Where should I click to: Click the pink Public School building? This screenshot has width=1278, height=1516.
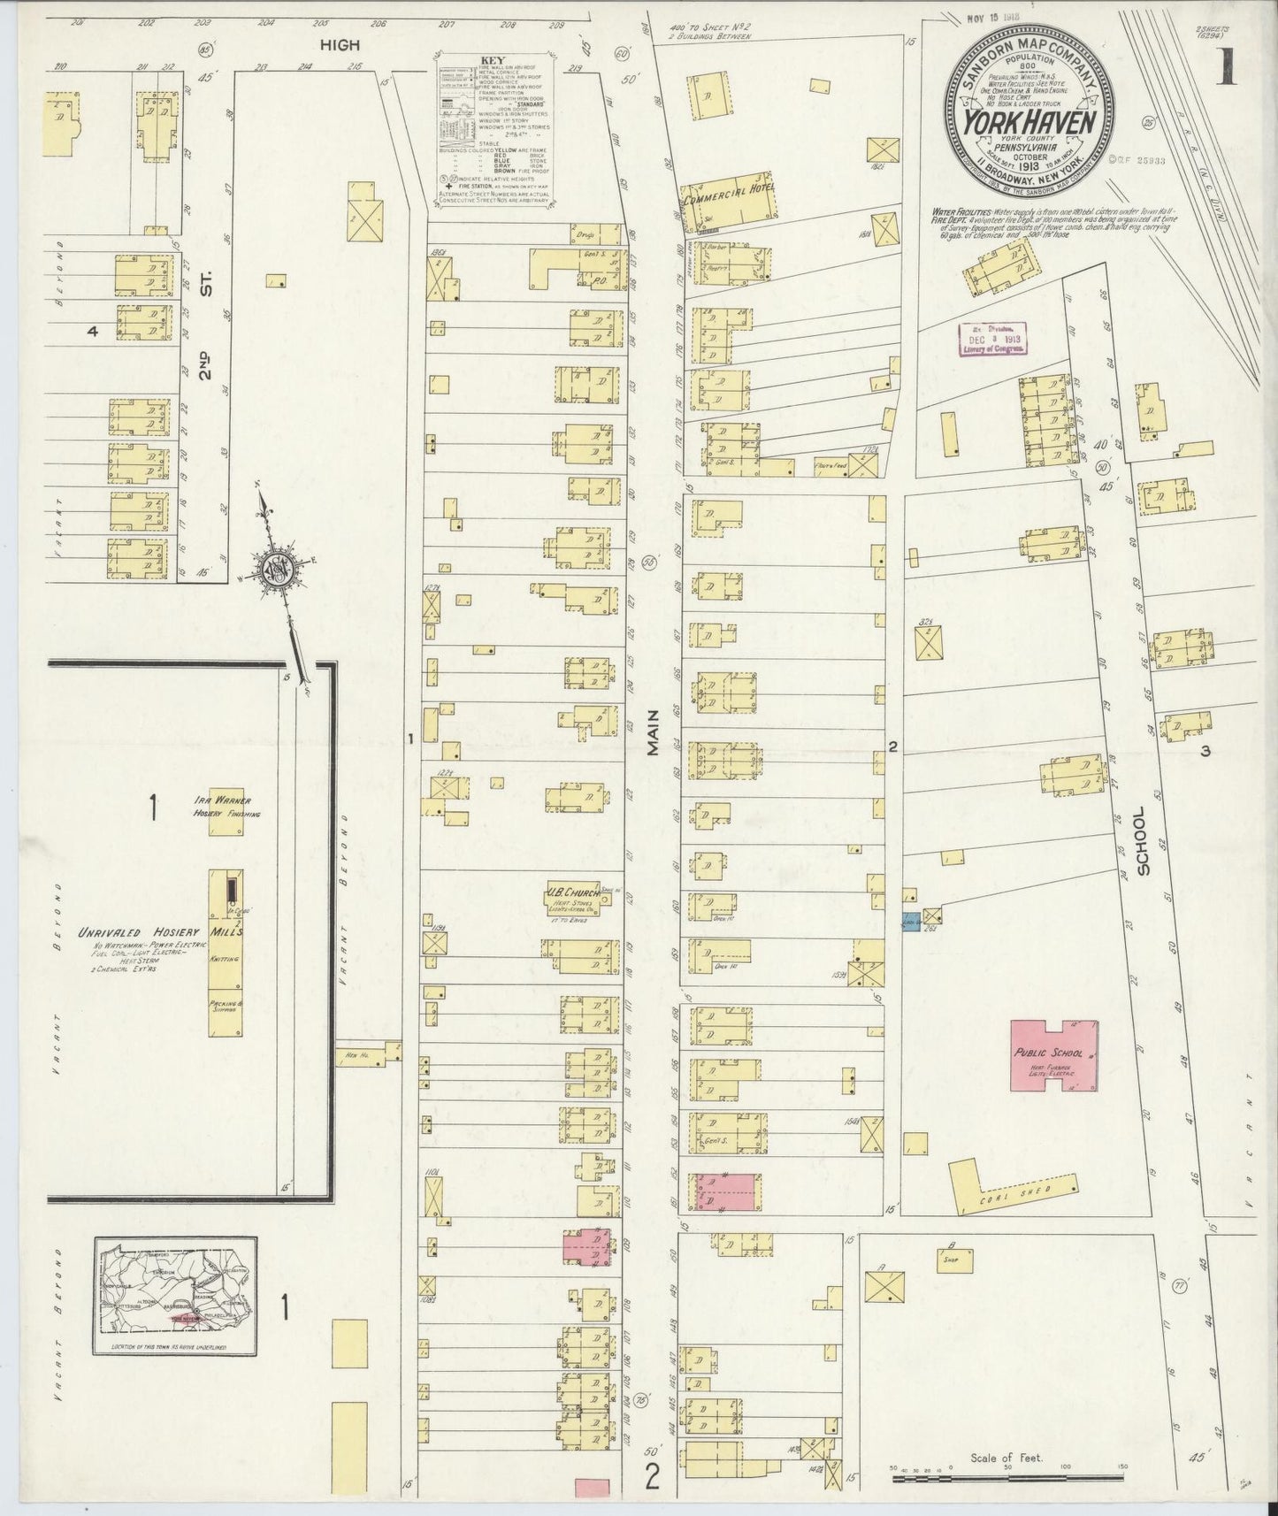point(1055,1059)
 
